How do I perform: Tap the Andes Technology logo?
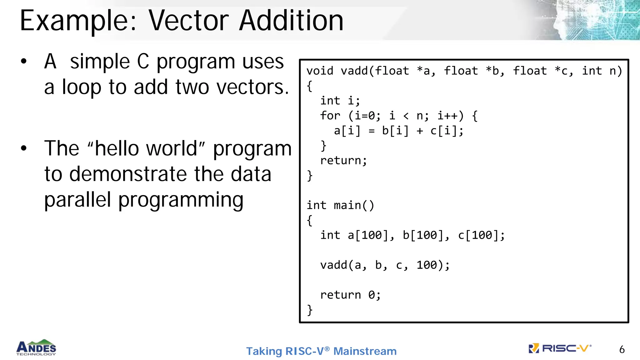click(36, 347)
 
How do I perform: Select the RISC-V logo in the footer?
click(560, 348)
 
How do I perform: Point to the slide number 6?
click(622, 349)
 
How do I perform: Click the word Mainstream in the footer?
click(365, 351)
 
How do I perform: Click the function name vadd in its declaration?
click(354, 71)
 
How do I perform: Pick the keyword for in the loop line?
click(330, 116)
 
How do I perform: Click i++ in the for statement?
click(450, 116)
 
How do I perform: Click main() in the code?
click(354, 205)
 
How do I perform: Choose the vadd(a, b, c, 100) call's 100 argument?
click(427, 265)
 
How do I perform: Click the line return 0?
click(350, 295)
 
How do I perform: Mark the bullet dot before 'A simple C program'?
click(24, 62)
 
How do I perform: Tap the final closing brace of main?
click(310, 310)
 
